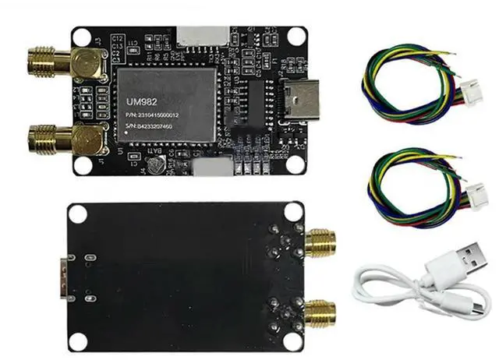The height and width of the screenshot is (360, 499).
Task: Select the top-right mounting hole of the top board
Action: [296, 36]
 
